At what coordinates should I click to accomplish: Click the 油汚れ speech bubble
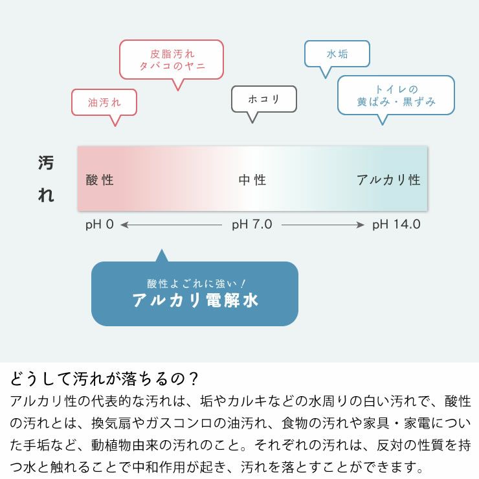click(x=104, y=102)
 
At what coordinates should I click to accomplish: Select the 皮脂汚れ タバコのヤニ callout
click(x=172, y=60)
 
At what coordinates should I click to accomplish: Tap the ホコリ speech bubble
click(x=264, y=99)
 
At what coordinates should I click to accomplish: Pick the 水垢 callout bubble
click(x=337, y=54)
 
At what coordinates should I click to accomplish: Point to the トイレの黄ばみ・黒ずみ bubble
click(x=396, y=95)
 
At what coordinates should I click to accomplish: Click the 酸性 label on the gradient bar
click(x=100, y=180)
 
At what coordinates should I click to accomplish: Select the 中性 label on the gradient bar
click(x=252, y=180)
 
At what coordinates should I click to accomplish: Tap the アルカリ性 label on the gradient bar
click(x=388, y=180)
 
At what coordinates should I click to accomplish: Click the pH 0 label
click(x=99, y=225)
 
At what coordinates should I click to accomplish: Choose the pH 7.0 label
click(x=252, y=225)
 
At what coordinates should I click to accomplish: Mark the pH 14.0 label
click(x=396, y=225)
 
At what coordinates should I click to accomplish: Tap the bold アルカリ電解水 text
click(x=195, y=300)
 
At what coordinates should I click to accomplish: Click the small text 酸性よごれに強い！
click(x=195, y=283)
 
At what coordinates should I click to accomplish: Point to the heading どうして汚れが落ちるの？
click(x=104, y=378)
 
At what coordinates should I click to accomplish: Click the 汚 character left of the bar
click(x=46, y=163)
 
